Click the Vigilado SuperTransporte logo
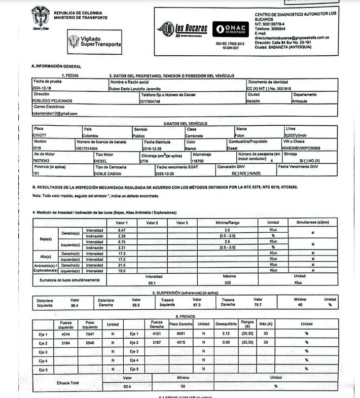click(x=95, y=42)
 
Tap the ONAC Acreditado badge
click(x=230, y=29)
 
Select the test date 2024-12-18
click(x=43, y=88)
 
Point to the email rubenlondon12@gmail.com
click(x=54, y=114)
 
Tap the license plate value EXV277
click(x=40, y=135)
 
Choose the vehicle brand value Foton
click(x=240, y=135)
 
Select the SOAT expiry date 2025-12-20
click(x=165, y=173)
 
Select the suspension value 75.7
click(x=258, y=305)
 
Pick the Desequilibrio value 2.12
click(x=226, y=334)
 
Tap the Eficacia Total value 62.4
click(x=127, y=387)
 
